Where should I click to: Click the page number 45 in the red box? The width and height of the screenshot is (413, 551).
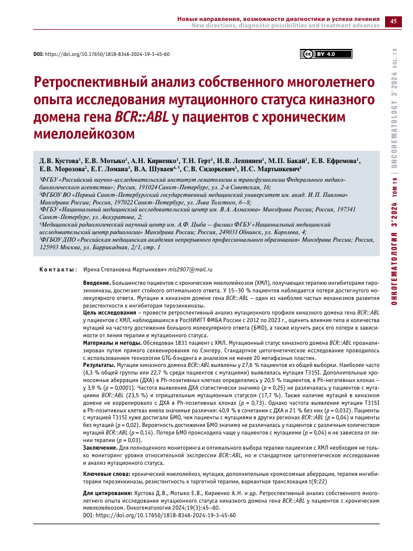click(x=393, y=22)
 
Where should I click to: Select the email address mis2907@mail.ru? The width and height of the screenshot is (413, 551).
click(x=190, y=270)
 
